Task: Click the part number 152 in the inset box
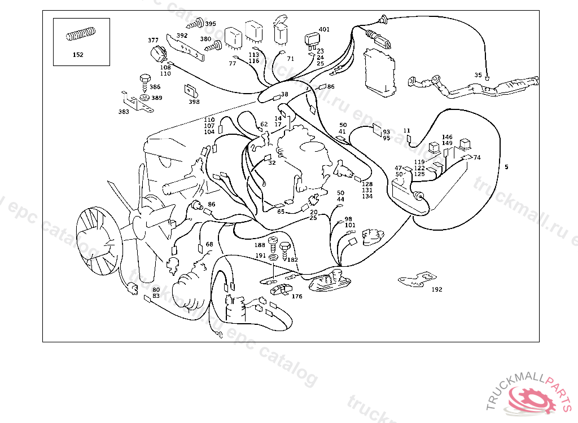pyautogui.click(x=78, y=55)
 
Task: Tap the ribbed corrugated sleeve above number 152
pyautogui.click(x=81, y=34)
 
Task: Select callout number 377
pyautogui.click(x=153, y=40)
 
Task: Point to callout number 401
pyautogui.click(x=324, y=29)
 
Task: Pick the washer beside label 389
pyautogui.click(x=144, y=98)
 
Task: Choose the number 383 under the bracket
pyautogui.click(x=124, y=112)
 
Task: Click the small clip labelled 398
pyautogui.click(x=191, y=91)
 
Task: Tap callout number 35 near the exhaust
pyautogui.click(x=478, y=75)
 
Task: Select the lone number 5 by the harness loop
pyautogui.click(x=506, y=167)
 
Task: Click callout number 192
pyautogui.click(x=437, y=289)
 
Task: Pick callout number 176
pyautogui.click(x=297, y=296)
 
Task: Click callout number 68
pyautogui.click(x=209, y=244)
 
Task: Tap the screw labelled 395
pyautogui.click(x=196, y=24)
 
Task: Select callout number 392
pyautogui.click(x=182, y=36)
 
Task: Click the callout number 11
pyautogui.click(x=406, y=130)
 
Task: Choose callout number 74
pyautogui.click(x=477, y=157)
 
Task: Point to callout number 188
pyautogui.click(x=260, y=245)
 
